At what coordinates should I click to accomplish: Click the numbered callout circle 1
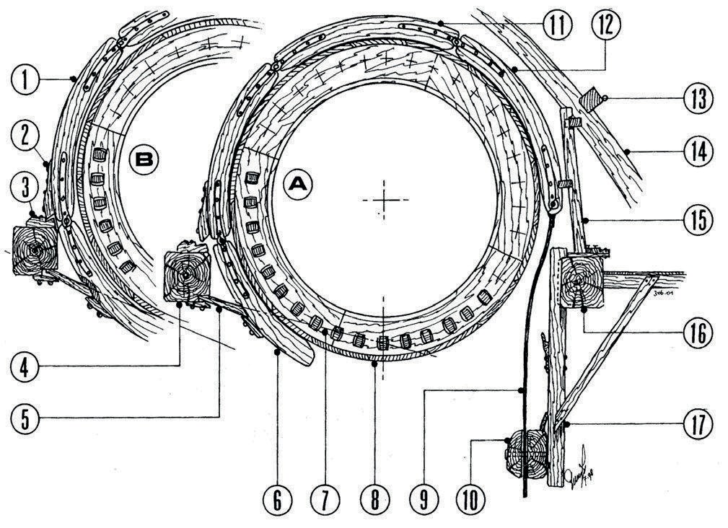(25, 79)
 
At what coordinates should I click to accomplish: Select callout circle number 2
(25, 133)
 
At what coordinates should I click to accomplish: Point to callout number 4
(25, 366)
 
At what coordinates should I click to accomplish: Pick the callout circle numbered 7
(325, 500)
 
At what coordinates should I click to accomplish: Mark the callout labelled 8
(373, 500)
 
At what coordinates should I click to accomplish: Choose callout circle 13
(697, 97)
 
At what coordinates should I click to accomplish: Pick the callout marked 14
(697, 151)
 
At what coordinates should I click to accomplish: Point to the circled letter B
(144, 159)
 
